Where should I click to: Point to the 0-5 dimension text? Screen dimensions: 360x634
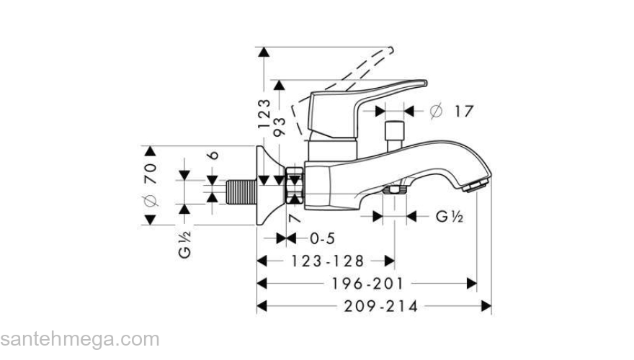(322, 238)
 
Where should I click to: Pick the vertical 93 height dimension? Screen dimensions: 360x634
(280, 127)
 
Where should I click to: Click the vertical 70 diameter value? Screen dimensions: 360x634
(151, 174)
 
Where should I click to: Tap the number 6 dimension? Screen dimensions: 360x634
(213, 156)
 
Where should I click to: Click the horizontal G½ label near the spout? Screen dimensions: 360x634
(448, 216)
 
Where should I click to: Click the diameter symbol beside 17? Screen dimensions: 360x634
(434, 111)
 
